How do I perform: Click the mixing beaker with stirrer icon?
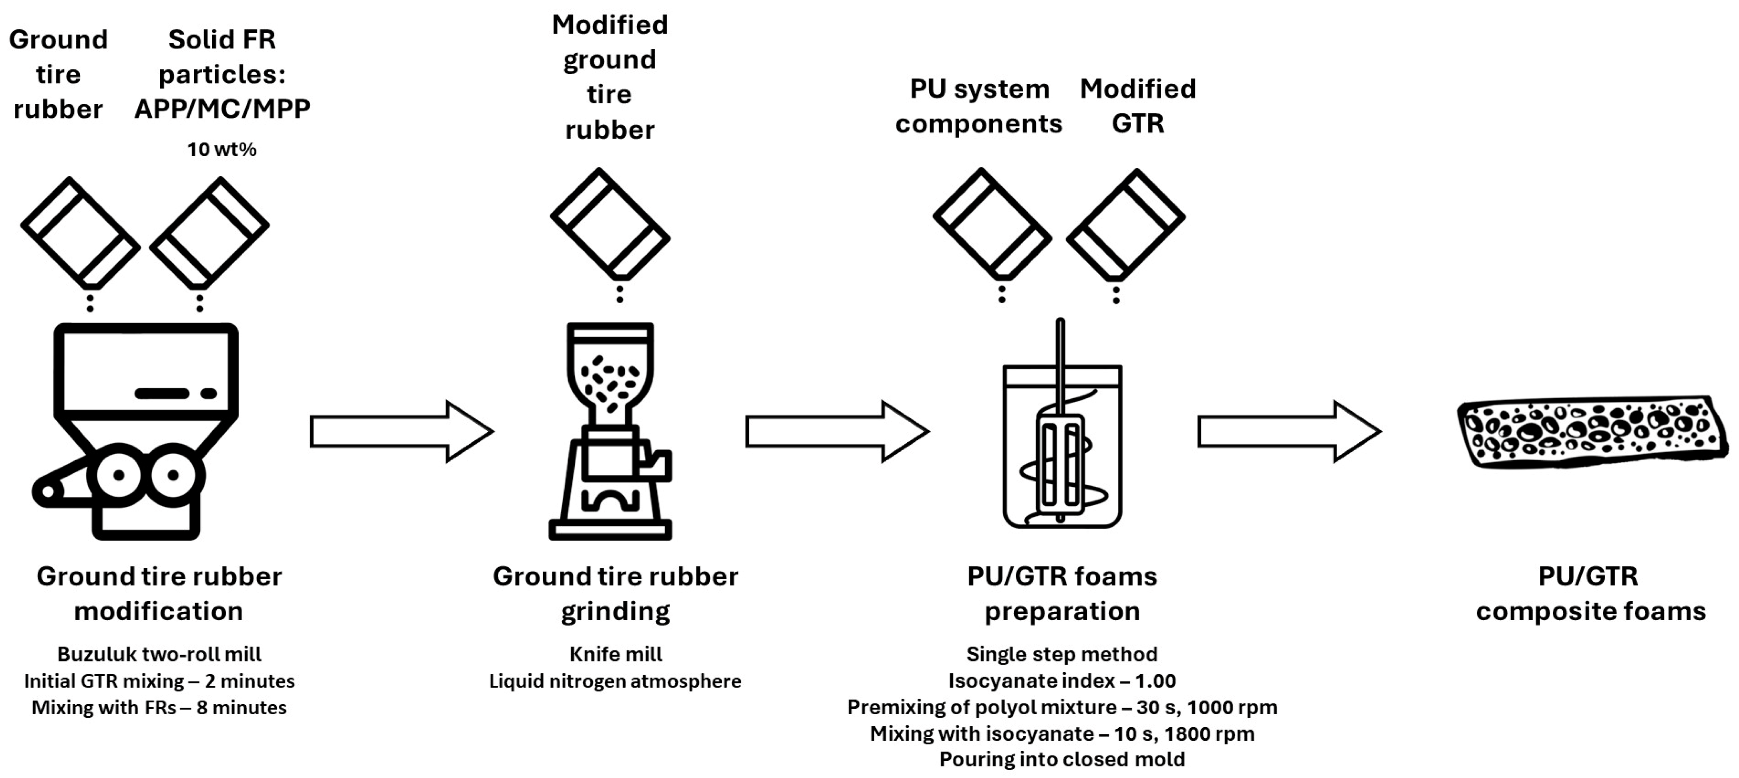1062,439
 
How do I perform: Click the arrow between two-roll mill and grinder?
402,431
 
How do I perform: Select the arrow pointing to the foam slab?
1289,431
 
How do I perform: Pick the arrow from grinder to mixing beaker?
837,431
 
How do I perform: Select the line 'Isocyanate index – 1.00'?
1062,681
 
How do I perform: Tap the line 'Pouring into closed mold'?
1062,759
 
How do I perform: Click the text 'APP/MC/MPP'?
222,109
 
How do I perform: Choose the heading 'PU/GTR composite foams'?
1590,594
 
